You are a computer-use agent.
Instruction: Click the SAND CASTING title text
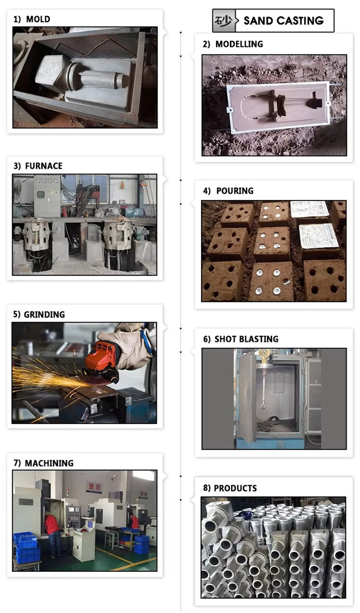pos(283,21)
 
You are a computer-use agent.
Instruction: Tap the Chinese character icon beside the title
pos(224,21)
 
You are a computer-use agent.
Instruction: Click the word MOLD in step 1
pos(38,19)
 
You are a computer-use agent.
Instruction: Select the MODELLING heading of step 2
pos(239,44)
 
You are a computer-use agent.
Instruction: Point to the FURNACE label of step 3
pos(44,166)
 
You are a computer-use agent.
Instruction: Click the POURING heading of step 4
pos(235,191)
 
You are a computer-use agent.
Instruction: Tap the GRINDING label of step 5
pos(44,314)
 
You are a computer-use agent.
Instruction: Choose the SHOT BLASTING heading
pos(246,339)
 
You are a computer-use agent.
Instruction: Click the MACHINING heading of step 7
pos(49,463)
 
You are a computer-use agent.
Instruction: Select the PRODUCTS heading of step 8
pos(235,488)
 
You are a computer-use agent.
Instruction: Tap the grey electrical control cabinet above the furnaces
pos(47,196)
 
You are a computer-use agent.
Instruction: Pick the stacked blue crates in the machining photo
pos(27,546)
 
